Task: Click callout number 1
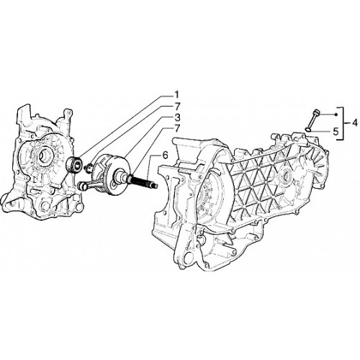[176, 95]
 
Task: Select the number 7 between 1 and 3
[177, 107]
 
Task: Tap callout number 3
[177, 117]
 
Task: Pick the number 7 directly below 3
[177, 128]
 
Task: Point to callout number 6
[165, 156]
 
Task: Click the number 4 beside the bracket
[355, 123]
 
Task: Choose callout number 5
[336, 132]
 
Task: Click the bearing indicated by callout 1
[73, 164]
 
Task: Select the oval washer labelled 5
[308, 130]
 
